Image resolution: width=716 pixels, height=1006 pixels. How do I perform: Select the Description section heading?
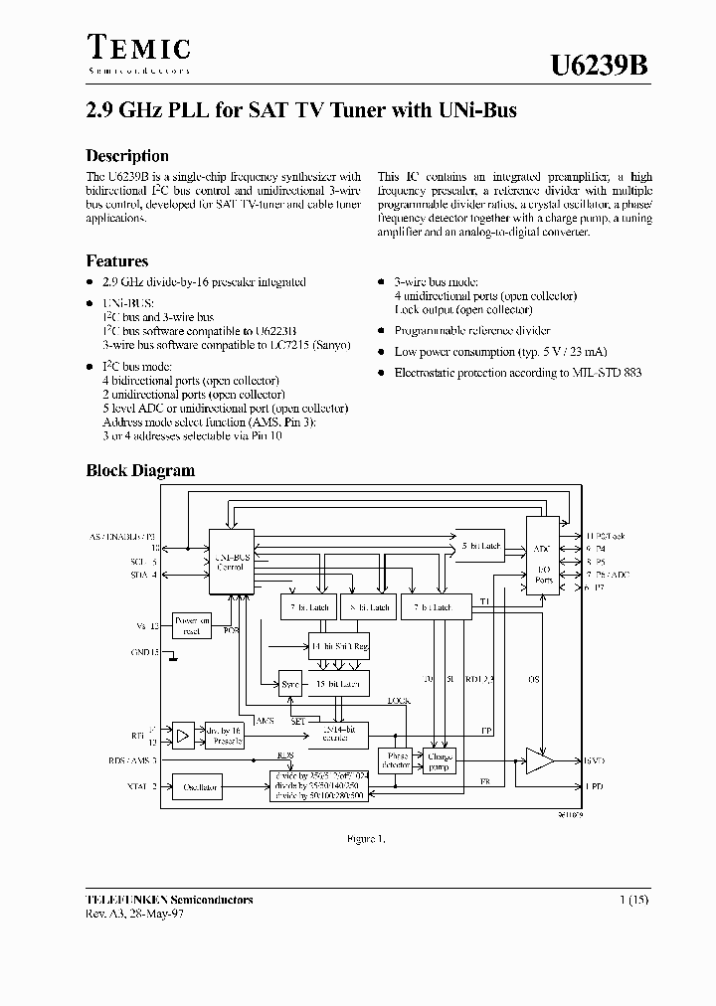(127, 156)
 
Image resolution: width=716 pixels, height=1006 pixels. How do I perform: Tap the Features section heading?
(117, 261)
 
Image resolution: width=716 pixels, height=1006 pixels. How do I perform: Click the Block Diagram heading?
(140, 470)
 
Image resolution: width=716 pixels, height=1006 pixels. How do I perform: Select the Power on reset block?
(193, 625)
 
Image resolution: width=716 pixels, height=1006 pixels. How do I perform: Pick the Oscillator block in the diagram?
(200, 787)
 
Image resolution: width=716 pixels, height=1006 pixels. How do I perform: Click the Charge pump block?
(438, 761)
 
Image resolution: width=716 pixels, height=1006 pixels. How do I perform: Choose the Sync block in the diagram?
(290, 685)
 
